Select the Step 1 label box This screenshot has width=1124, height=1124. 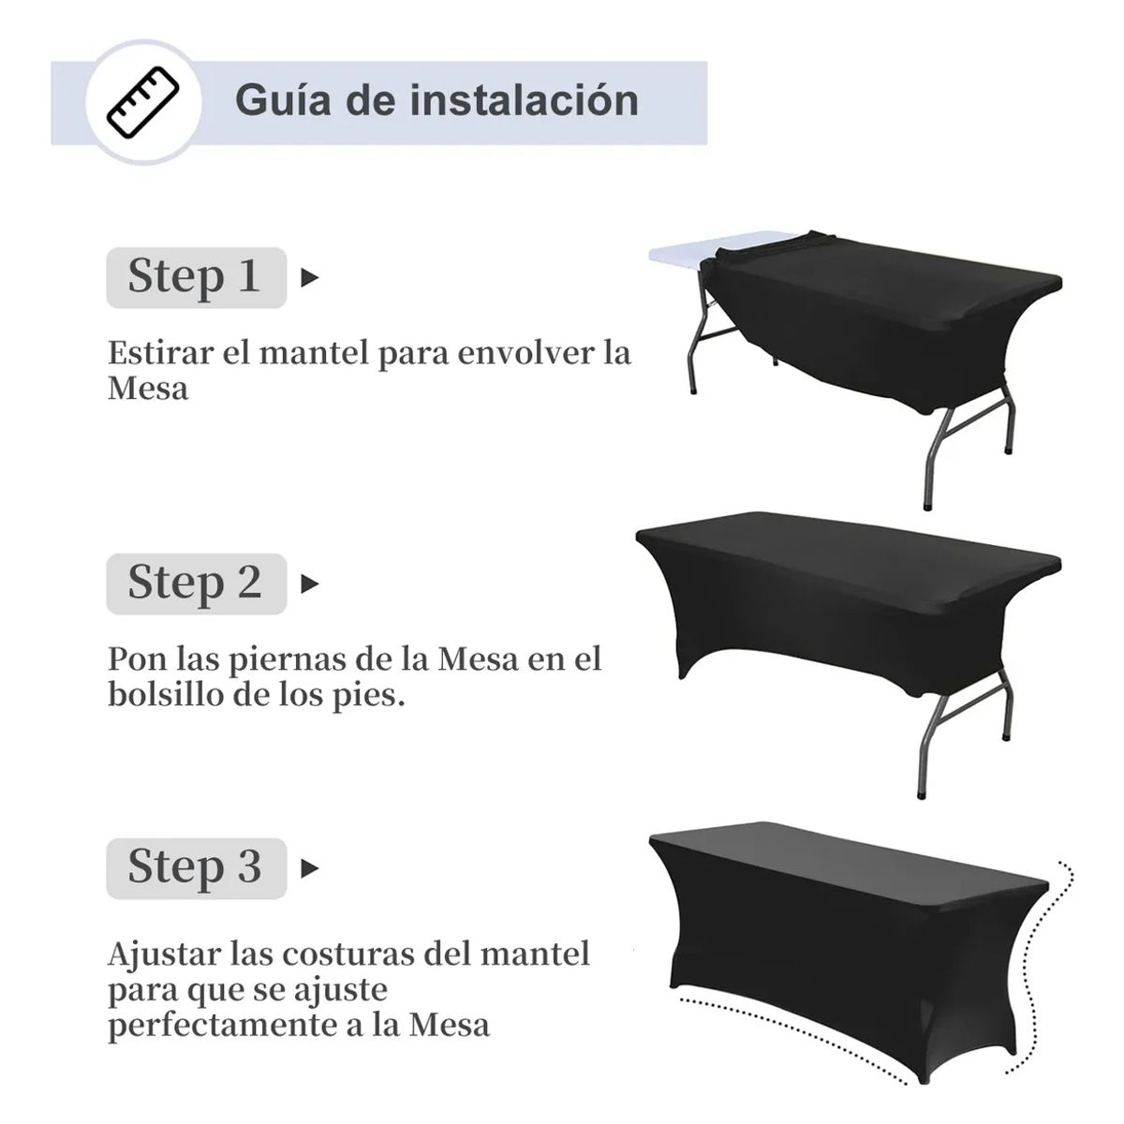[196, 277]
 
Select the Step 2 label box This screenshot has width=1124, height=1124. [196, 583]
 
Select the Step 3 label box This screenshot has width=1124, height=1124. [196, 867]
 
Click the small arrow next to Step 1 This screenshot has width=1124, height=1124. [309, 278]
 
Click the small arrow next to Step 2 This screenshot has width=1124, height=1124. [309, 584]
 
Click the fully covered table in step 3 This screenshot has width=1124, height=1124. [843, 927]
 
